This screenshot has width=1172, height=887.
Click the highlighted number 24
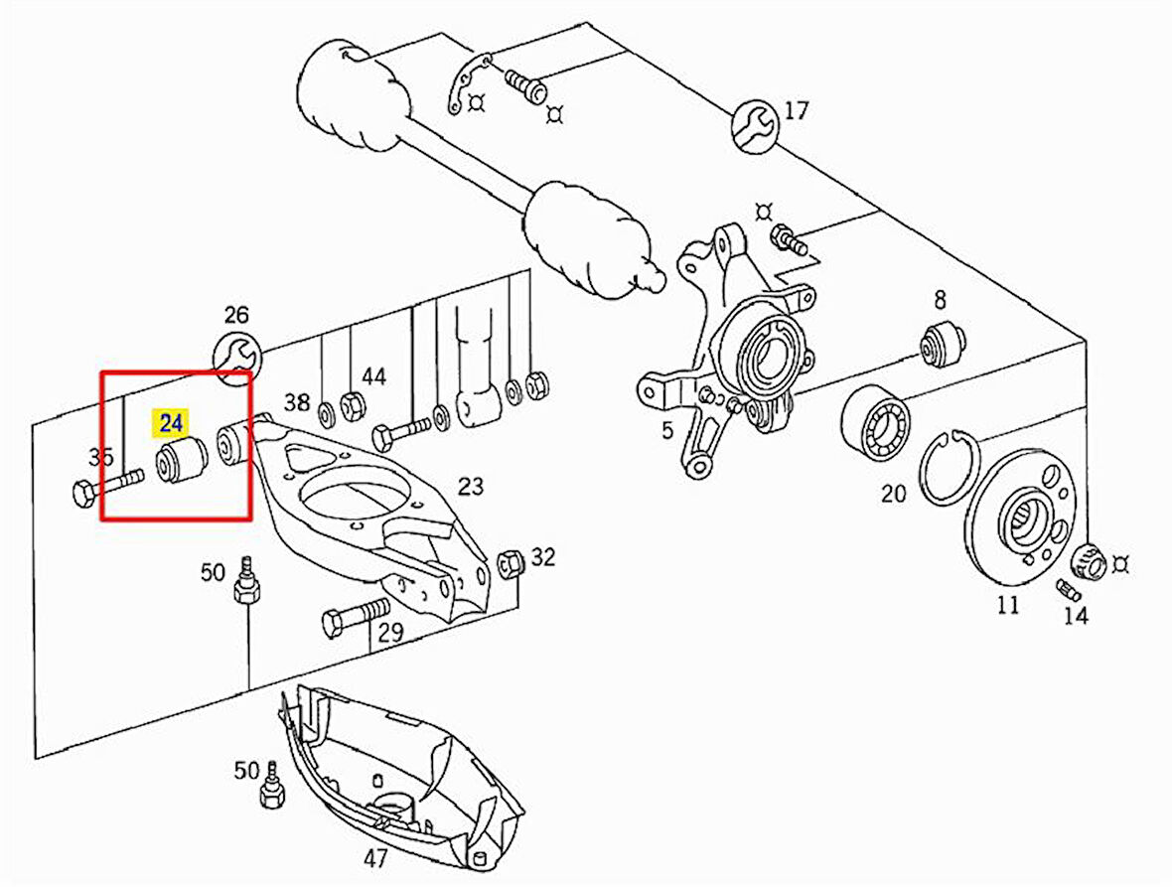171,424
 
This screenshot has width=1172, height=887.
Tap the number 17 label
797,110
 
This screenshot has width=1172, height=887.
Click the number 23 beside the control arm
470,487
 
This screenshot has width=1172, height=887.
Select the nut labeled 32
508,562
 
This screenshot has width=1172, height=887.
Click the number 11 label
1008,605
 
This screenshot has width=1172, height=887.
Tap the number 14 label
1075,616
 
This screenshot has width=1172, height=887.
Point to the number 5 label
667,431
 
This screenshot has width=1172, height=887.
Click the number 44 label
373,376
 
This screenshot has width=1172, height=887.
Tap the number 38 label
297,402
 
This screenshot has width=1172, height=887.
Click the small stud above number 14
1068,589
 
